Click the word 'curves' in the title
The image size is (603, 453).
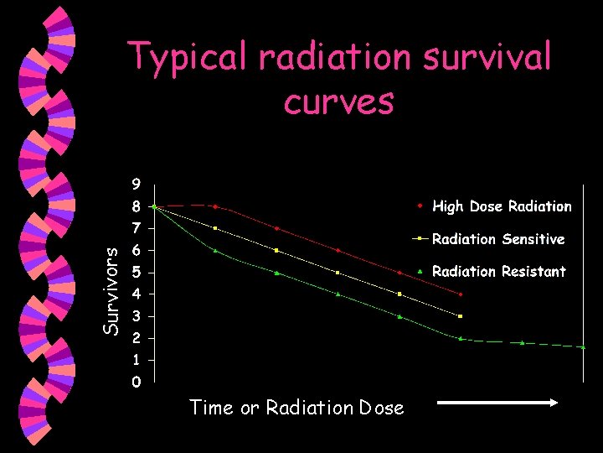click(x=338, y=102)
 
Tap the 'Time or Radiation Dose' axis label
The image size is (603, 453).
click(x=296, y=409)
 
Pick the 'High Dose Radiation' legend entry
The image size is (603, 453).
click(x=501, y=206)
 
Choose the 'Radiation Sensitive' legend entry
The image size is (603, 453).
click(x=497, y=239)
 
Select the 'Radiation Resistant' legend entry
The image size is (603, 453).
click(x=498, y=272)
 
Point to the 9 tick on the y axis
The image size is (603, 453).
click(x=136, y=184)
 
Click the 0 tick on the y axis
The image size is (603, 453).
click(x=136, y=383)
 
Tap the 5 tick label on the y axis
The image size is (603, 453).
click(x=136, y=272)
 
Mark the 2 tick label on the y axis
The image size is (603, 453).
click(x=136, y=338)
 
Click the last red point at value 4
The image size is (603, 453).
click(x=461, y=294)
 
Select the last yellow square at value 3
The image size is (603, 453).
click(x=461, y=316)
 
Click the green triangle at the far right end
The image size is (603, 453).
click(x=583, y=346)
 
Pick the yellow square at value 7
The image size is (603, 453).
click(x=215, y=228)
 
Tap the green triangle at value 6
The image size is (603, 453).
click(x=215, y=250)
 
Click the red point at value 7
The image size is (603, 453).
click(x=276, y=228)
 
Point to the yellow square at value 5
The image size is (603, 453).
click(x=338, y=273)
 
